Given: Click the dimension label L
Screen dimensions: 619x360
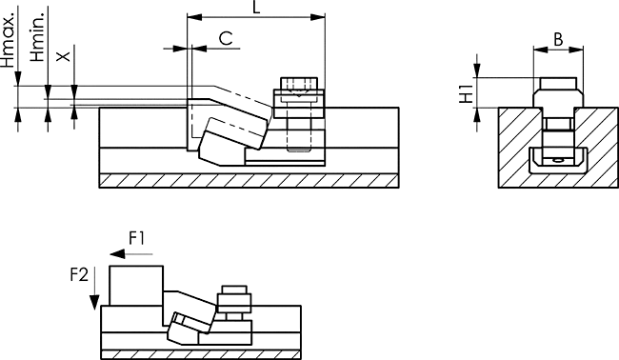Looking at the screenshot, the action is tap(256, 7).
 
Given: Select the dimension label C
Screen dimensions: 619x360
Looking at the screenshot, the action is tap(226, 39).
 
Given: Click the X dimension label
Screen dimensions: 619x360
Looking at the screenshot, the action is tap(63, 56).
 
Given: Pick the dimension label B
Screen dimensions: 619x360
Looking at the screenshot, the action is tap(558, 39).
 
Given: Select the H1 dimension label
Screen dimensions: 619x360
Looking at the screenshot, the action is tap(467, 93).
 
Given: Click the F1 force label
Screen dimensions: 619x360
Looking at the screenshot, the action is tap(137, 238).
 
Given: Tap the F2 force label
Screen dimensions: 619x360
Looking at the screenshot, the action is tap(79, 274).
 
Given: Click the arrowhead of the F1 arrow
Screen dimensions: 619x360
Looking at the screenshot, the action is tap(117, 254).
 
